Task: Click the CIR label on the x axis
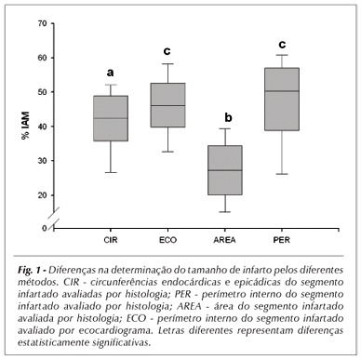pyautogui.click(x=111, y=240)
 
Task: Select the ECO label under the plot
pyautogui.click(x=167, y=240)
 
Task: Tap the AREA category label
pyautogui.click(x=224, y=240)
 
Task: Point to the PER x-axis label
pyautogui.click(x=282, y=240)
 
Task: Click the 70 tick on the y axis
pyautogui.click(x=42, y=23)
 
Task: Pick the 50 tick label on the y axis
pyautogui.click(x=42, y=92)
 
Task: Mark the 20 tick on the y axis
pyautogui.click(x=42, y=195)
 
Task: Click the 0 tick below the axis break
pyautogui.click(x=45, y=228)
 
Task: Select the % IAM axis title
pyautogui.click(x=25, y=126)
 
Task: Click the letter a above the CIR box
pyautogui.click(x=110, y=73)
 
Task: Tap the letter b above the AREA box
pyautogui.click(x=228, y=117)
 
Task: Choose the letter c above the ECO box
pyautogui.click(x=167, y=51)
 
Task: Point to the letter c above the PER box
pyautogui.click(x=282, y=45)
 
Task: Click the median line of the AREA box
pyautogui.click(x=225, y=170)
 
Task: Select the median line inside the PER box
pyautogui.click(x=282, y=91)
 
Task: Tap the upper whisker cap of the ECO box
pyautogui.click(x=167, y=63)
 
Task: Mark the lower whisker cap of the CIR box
pyautogui.click(x=111, y=172)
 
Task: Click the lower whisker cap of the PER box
pyautogui.click(x=282, y=174)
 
